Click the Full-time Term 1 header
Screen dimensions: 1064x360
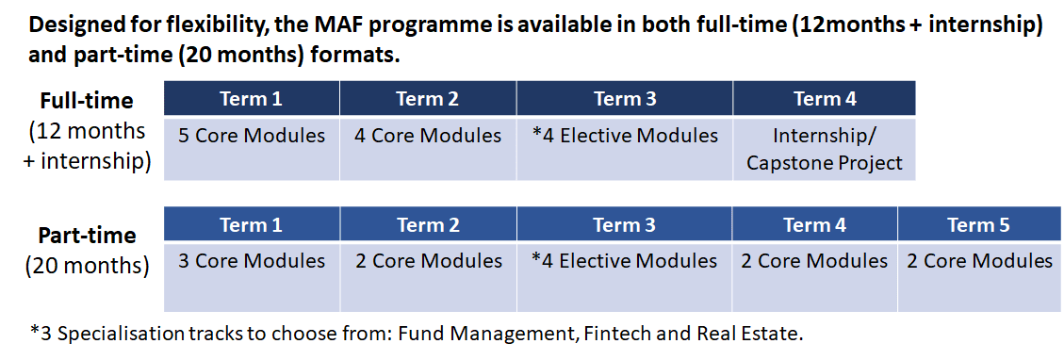click(252, 98)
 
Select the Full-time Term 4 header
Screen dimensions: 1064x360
click(825, 98)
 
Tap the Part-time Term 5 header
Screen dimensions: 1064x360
click(979, 224)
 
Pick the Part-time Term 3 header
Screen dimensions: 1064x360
click(624, 224)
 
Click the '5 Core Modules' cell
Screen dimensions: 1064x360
click(252, 149)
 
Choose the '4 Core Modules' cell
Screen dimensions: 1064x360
click(428, 149)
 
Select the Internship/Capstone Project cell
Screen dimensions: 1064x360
click(825, 149)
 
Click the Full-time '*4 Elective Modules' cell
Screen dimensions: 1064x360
click(625, 149)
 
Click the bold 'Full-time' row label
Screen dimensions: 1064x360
click(86, 100)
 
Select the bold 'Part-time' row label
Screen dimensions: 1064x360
click(87, 236)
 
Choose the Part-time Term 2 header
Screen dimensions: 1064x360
click(428, 224)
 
